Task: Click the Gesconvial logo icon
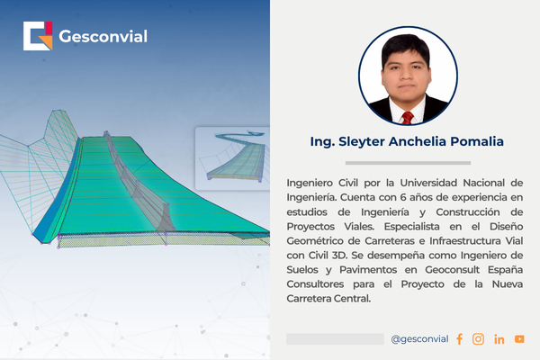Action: [x=38, y=36]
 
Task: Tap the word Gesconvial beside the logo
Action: [x=103, y=37]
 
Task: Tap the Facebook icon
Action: [x=459, y=339]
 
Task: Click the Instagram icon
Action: [x=478, y=339]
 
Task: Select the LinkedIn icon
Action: [x=499, y=339]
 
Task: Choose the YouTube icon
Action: [x=519, y=339]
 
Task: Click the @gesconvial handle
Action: [x=419, y=339]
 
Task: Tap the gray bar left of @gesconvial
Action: [x=335, y=339]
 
